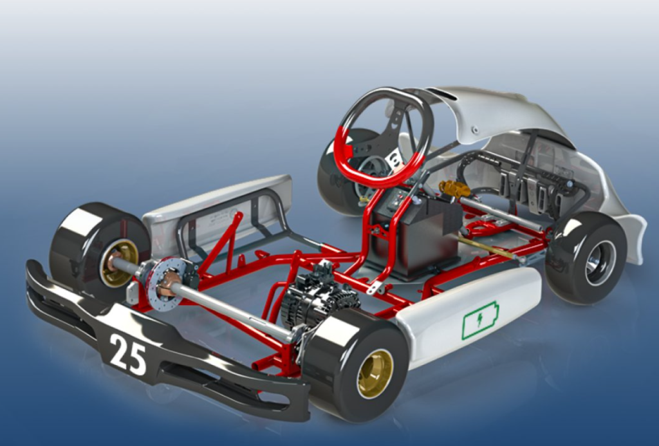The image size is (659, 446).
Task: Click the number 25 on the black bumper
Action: (x=127, y=354)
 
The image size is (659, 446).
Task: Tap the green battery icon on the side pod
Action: (x=481, y=320)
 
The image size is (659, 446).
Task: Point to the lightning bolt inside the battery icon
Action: (x=480, y=321)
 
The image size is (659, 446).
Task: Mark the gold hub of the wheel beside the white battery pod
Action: (x=375, y=373)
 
